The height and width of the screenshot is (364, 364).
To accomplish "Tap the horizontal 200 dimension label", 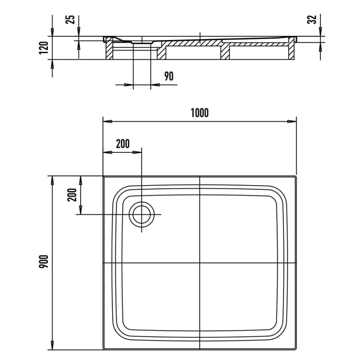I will click(123, 144).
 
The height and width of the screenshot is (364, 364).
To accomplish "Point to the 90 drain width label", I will click(168, 76).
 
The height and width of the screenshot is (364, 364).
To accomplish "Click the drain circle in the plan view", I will click(141, 214).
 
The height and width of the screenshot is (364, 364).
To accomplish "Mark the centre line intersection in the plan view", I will click(200, 263).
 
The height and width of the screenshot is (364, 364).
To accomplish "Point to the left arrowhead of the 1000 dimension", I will click(106, 121).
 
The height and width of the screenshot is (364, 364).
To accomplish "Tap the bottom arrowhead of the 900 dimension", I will click(52, 346).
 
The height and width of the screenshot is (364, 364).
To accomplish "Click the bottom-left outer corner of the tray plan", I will click(103, 349).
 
